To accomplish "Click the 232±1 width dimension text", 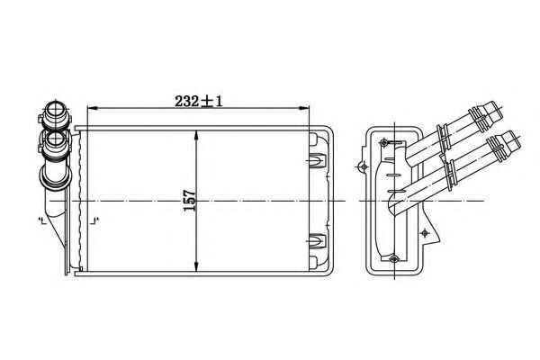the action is click(199, 102).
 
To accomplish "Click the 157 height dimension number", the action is click(189, 201).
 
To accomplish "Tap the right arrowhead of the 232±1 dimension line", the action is click(303, 109).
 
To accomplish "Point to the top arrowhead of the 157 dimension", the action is click(196, 136).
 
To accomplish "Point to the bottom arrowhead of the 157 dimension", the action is click(196, 266).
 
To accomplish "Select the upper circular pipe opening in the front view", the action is click(55, 110).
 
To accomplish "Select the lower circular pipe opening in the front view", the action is click(55, 139).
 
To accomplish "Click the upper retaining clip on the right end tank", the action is click(317, 160).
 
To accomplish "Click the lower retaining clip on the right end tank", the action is click(317, 240).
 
